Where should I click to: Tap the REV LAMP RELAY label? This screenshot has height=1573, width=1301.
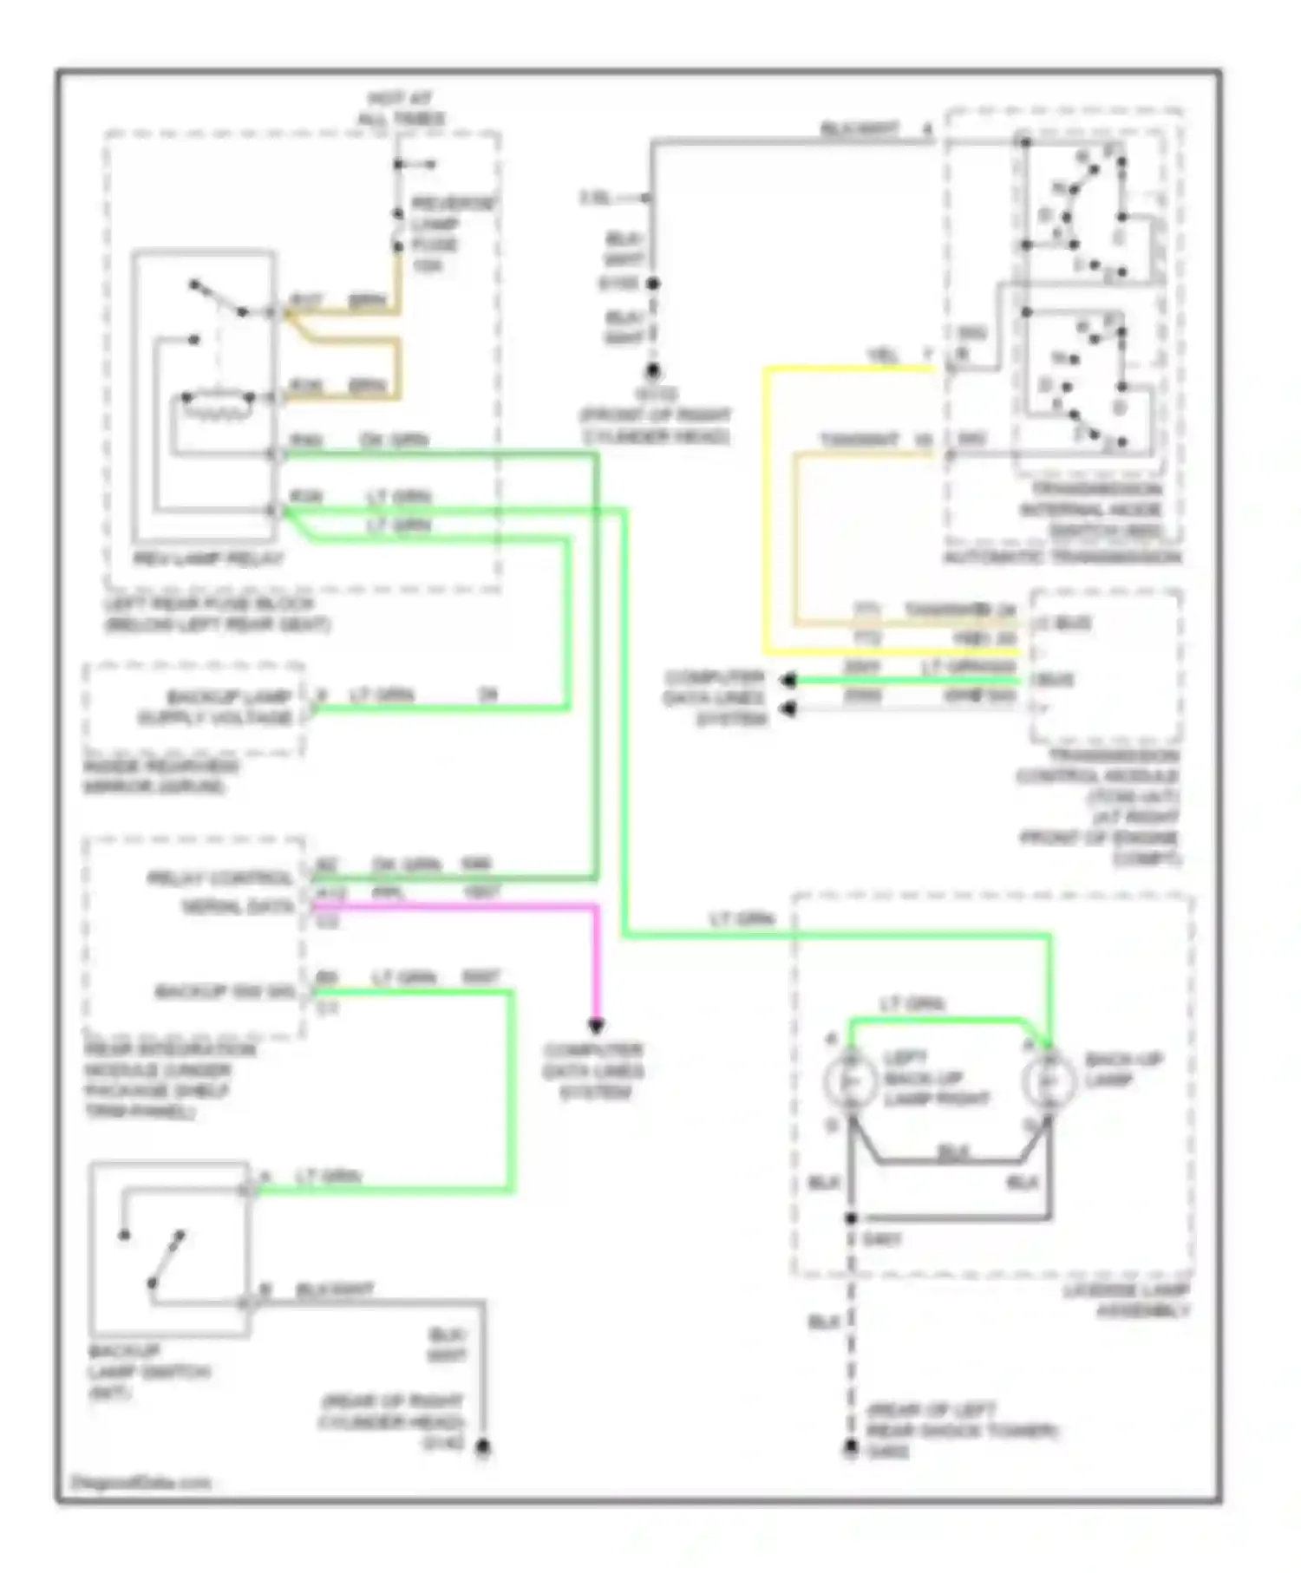(208, 559)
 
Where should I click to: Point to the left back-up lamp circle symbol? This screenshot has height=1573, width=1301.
(851, 1081)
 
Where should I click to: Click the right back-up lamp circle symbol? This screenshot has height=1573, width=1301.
(1049, 1081)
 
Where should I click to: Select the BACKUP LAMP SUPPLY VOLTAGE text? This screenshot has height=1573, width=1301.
(217, 707)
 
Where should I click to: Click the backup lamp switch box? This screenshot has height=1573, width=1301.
(170, 1249)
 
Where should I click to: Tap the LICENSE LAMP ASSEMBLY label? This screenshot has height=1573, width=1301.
(1128, 1301)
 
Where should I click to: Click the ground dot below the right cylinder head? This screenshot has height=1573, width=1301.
(652, 371)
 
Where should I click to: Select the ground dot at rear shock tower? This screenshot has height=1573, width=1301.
(851, 1448)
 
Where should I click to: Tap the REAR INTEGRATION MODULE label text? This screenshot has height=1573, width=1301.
(169, 1080)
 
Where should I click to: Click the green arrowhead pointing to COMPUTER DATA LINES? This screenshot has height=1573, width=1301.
(788, 681)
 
